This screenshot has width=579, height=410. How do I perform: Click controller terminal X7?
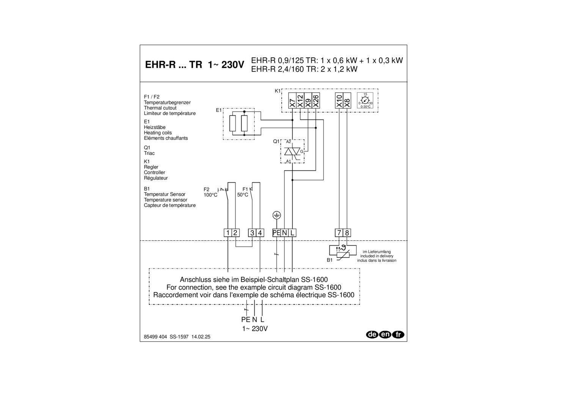[292, 101]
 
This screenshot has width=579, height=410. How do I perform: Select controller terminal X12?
[300, 101]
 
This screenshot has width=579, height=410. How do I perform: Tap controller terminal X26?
[316, 101]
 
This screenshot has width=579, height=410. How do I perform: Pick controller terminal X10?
[339, 101]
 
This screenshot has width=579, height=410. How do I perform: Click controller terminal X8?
[347, 101]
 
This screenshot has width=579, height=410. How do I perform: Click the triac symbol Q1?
[292, 151]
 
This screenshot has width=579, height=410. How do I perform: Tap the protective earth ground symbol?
[277, 216]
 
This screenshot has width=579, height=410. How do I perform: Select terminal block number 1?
[228, 233]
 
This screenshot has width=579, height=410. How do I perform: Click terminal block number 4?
[260, 233]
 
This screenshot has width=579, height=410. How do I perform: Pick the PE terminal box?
[276, 233]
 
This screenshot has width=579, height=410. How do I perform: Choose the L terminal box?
[292, 233]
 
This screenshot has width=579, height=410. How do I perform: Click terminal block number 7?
[339, 233]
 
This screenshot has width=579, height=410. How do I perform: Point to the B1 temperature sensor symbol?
[343, 251]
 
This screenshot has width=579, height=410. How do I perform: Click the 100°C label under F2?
[210, 195]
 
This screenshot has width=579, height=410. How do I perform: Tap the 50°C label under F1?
[243, 195]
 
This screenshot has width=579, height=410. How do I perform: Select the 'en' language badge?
[385, 334]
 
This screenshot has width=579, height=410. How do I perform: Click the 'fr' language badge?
[398, 334]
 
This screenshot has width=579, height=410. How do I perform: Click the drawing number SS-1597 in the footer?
[179, 337]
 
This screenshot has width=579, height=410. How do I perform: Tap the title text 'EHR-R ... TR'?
[174, 65]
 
